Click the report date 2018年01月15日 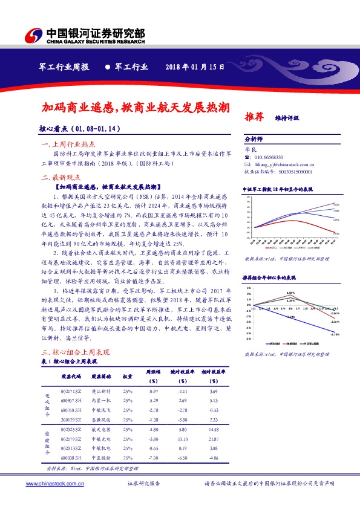[195, 67]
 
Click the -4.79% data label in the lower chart [335, 334]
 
